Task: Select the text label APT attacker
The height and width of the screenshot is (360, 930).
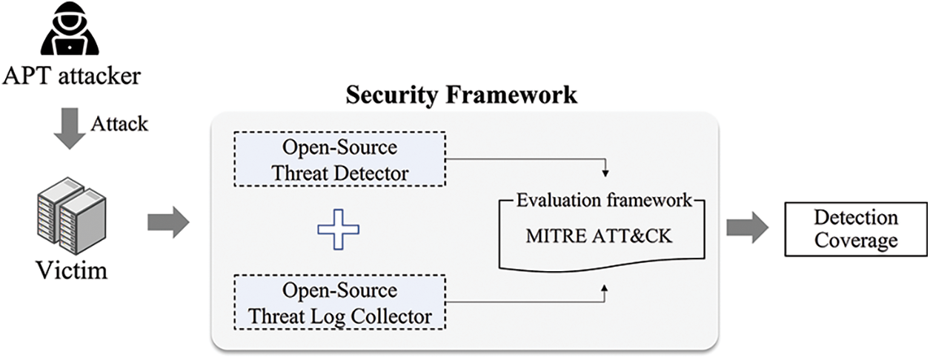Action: click(71, 76)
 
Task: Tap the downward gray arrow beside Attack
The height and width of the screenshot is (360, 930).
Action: click(70, 125)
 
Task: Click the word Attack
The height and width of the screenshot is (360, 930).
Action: click(119, 123)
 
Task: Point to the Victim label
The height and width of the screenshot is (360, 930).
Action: click(71, 270)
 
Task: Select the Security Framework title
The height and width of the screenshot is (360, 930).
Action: click(462, 95)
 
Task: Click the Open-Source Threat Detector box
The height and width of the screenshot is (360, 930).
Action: click(339, 159)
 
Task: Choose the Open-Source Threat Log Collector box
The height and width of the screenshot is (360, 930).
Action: click(339, 302)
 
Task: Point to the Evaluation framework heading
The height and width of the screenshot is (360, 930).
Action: click(605, 200)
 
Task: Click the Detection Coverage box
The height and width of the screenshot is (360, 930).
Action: click(855, 229)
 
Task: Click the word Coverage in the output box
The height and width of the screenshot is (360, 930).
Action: click(855, 240)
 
